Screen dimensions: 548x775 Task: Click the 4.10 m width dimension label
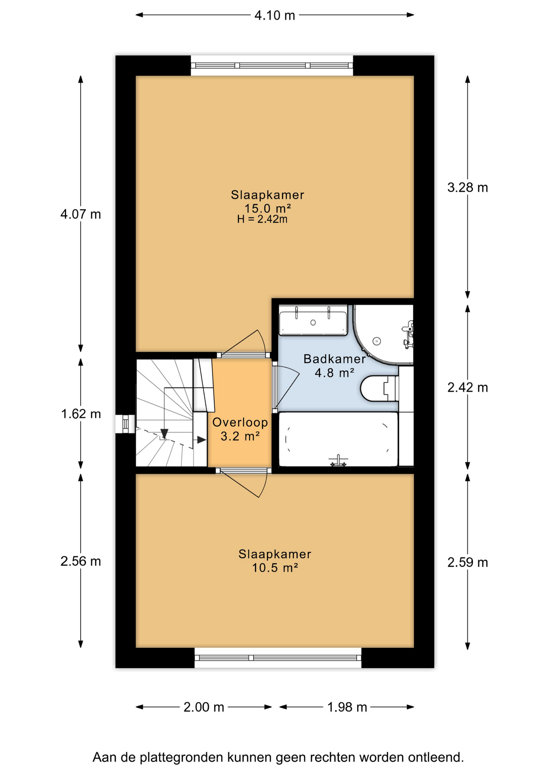point(275,15)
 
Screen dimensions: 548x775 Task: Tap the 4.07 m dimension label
point(81,214)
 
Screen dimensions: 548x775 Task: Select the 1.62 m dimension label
point(81,414)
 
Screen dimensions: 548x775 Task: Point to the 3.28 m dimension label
point(468,187)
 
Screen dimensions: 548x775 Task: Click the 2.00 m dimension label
point(204,707)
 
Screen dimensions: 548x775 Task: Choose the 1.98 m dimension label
point(347,707)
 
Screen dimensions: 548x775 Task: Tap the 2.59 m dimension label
point(468,562)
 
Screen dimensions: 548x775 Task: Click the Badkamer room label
point(335,358)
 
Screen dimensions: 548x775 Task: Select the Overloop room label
point(240,422)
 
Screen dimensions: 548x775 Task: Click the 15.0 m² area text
point(268,208)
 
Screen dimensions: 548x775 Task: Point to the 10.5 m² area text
point(275,568)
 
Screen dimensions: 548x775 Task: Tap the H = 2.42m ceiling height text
point(262,219)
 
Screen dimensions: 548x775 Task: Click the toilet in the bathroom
point(379,388)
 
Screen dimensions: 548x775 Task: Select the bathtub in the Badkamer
point(339,439)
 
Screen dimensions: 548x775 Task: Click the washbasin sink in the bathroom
point(313,320)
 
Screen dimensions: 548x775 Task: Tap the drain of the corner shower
point(377,341)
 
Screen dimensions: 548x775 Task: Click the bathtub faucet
point(339,461)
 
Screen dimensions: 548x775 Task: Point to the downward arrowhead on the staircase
point(164,434)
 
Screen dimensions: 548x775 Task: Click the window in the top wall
point(272,65)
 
